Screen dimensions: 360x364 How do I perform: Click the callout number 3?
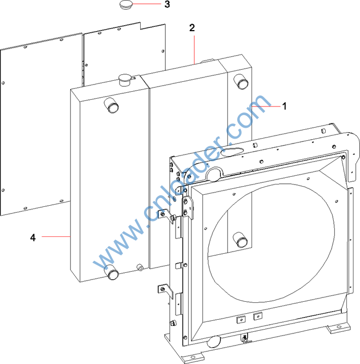coord(167,4)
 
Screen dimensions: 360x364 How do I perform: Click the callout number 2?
coord(192,28)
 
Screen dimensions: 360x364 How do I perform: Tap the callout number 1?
coord(284,106)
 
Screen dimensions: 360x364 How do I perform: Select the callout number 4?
coord(33,237)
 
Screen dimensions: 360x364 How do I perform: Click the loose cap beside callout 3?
coord(126,5)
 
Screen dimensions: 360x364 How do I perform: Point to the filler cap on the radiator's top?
coord(125,80)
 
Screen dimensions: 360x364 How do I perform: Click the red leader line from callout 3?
coord(147,4)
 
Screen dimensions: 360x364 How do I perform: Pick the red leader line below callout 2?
coord(194,50)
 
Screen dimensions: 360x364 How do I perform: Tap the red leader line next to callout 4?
coord(56,236)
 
